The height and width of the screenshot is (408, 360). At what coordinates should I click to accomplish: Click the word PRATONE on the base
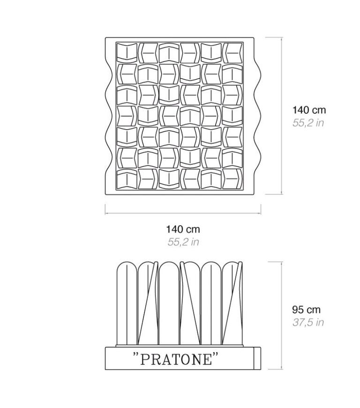coord(176,359)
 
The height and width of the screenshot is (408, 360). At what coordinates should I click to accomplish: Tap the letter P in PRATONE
coord(144,359)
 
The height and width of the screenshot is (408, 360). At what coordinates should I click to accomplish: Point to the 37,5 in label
coord(308,322)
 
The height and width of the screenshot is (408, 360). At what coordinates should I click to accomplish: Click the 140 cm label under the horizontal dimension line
coord(183,229)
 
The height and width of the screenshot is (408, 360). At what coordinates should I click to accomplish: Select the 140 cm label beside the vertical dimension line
coord(309,110)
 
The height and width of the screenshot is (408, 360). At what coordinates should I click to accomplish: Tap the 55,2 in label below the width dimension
coord(183,242)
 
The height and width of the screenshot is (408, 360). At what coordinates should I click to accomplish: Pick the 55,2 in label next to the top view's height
coord(308,123)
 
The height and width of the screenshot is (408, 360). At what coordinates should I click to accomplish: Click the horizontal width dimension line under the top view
coord(183,213)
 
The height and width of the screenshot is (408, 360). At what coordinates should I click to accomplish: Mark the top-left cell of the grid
coord(127,52)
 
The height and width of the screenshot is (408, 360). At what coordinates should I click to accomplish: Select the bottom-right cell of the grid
coord(232,179)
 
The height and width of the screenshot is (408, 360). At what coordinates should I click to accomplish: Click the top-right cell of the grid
coord(232,52)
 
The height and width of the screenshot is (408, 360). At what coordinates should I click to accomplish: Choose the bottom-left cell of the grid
coord(127,179)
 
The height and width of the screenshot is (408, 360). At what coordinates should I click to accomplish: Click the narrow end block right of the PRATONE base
coord(257,358)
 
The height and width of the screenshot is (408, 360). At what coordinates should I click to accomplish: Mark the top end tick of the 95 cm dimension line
coord(275,262)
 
